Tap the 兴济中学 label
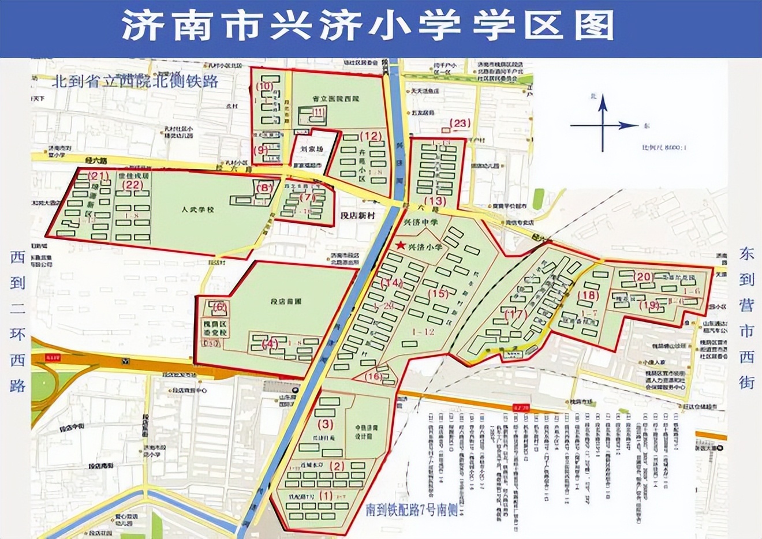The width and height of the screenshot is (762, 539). (420, 222)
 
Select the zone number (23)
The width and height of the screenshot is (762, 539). (460, 123)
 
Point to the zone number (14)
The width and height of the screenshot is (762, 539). (391, 283)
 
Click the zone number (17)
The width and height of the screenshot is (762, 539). (516, 315)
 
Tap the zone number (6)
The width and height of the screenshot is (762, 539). (220, 307)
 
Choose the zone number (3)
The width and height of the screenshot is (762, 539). (326, 425)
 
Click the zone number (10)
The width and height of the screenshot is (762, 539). (264, 87)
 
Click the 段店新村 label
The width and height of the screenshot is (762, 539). (358, 215)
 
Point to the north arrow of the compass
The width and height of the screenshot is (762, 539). (602, 104)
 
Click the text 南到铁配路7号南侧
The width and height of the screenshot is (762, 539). (408, 511)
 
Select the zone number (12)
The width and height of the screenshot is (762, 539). (370, 137)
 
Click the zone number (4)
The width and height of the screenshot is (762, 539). (270, 343)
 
